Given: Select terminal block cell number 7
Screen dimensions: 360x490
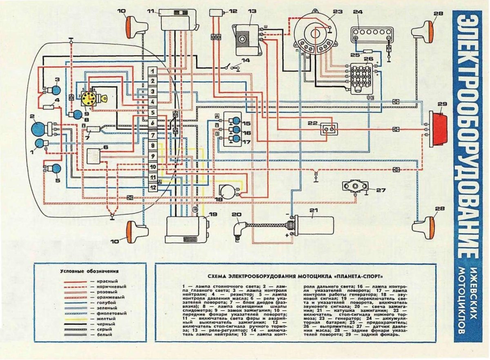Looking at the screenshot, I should point(152,135).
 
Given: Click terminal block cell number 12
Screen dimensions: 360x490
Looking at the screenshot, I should point(152,188).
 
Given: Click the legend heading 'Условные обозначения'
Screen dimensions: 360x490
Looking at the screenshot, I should point(89,271).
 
